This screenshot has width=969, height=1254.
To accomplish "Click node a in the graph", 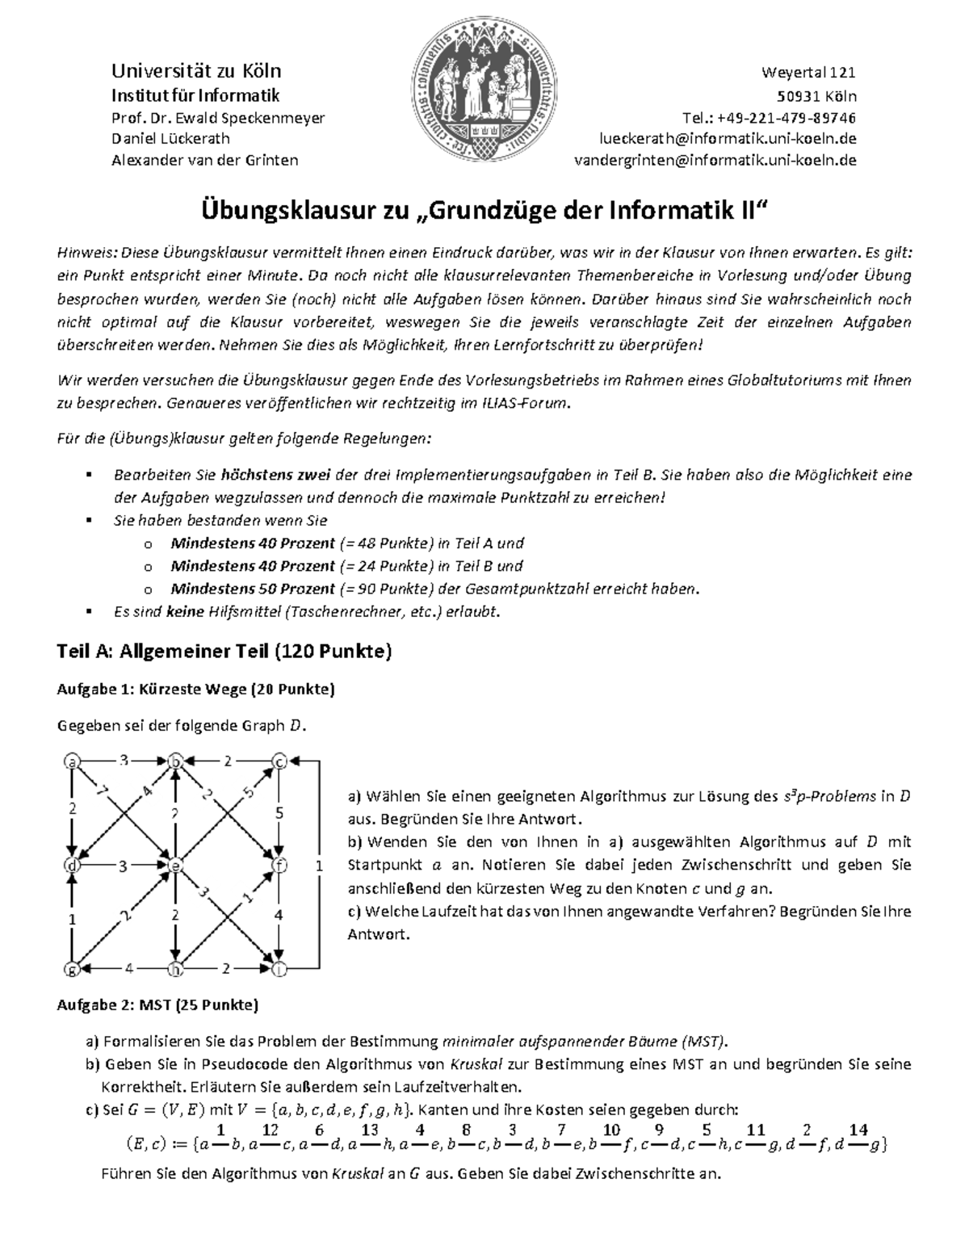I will pos(73,761).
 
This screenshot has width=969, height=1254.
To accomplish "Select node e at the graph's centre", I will pos(175,865).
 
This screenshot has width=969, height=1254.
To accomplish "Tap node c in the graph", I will pos(279,761).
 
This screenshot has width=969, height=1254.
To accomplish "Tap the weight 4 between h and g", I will pos(128,967).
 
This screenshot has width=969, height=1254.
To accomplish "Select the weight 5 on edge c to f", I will pos(279,813).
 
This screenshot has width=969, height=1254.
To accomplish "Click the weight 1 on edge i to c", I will pos(320,865).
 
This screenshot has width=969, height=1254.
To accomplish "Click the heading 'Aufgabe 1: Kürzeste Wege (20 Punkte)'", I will pos(195,690).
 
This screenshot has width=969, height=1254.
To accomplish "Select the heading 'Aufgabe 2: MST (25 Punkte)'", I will pos(157,1005).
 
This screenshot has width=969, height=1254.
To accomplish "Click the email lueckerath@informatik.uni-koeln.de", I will pos(727,139).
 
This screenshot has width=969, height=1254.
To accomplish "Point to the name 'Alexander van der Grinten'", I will pos(204,160).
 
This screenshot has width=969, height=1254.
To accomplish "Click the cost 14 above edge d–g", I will pos(858,1130).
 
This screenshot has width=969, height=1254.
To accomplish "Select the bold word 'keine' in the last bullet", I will pos(185,611).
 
